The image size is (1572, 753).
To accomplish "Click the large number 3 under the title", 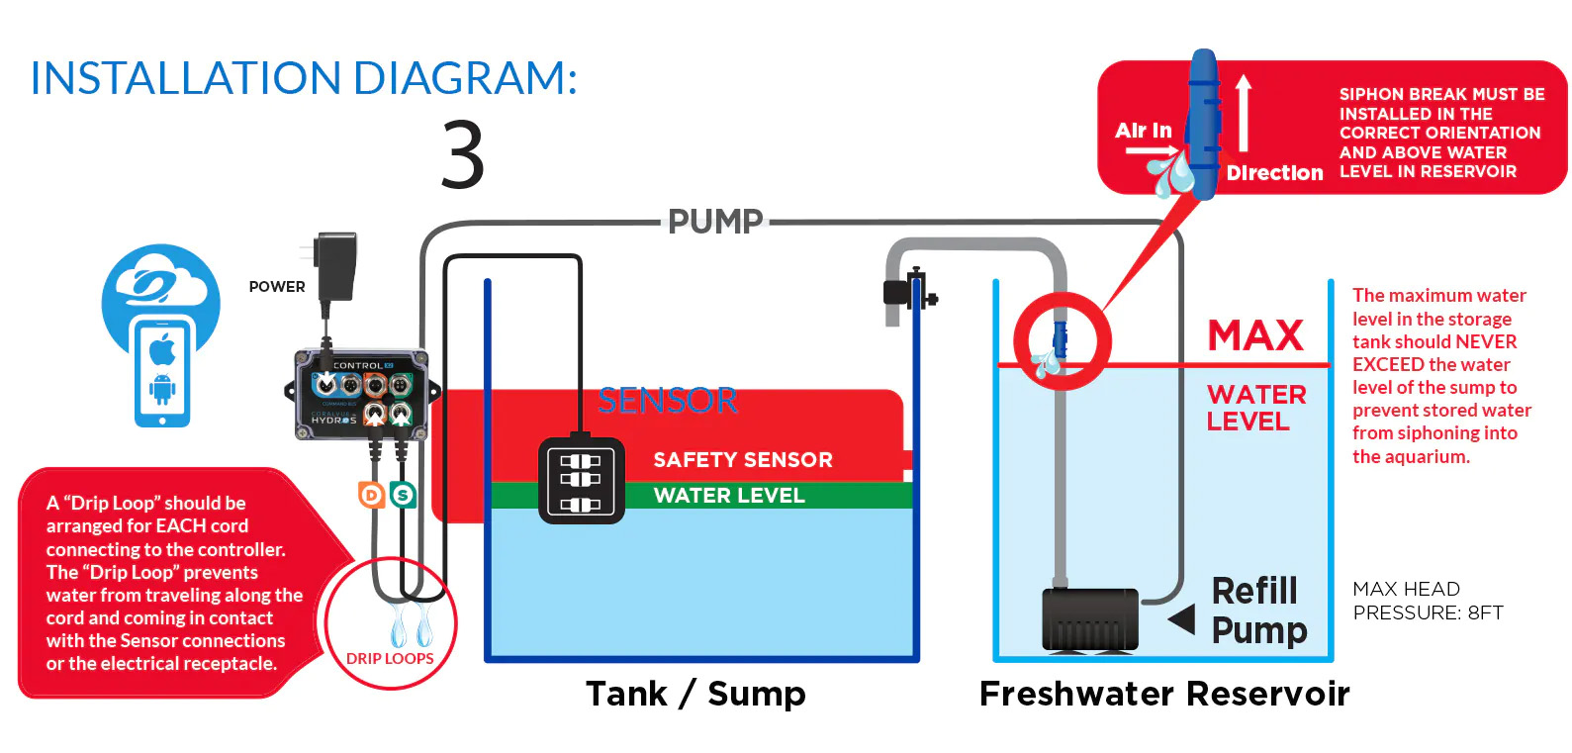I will [463, 154].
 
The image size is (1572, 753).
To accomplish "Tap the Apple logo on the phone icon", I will [162, 349].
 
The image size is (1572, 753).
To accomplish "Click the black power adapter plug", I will [335, 265].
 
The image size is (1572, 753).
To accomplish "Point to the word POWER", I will [277, 287].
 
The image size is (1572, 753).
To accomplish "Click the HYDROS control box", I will [360, 394].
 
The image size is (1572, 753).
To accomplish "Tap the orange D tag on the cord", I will [372, 494].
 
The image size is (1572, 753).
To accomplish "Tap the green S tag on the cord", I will [403, 494].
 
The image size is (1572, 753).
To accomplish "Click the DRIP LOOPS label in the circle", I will [390, 658].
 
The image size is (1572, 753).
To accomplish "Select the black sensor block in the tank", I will [581, 481].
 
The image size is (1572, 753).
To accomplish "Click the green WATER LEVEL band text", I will [729, 496].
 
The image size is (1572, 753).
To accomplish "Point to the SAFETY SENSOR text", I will [742, 460].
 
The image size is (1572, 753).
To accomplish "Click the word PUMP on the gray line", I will [715, 222].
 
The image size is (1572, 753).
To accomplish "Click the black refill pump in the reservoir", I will [1089, 619].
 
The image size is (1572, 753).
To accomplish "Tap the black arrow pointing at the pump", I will [1181, 620].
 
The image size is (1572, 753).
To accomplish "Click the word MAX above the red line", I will [1255, 336].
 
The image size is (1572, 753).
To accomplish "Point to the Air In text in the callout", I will [1143, 131].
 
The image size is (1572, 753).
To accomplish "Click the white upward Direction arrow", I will [1244, 113].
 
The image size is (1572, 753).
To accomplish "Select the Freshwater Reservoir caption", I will [1163, 694].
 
